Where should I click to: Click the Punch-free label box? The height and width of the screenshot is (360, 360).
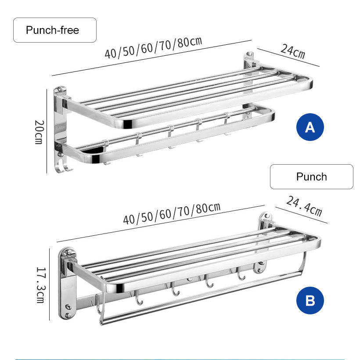pos(54,30)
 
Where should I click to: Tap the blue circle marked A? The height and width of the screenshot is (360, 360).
pos(310,127)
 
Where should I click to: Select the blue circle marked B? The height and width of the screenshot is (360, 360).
pos(310,300)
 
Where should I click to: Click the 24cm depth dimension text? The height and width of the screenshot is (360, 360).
pos(293,51)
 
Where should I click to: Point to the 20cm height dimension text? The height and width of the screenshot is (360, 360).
pos(39,132)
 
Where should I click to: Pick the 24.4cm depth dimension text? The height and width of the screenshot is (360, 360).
pos(304,206)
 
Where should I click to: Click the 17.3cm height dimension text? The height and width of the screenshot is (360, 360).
pos(41,285)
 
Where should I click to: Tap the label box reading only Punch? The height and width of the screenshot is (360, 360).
pos(312,177)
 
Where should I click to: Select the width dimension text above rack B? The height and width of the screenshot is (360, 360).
pos(172,213)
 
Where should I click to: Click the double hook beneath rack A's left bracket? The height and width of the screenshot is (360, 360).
pos(64,166)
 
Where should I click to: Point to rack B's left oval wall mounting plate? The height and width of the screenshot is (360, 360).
pos(68,284)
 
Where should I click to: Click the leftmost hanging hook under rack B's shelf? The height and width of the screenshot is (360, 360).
pos(139,298)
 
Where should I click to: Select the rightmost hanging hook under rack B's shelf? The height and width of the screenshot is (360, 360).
pos(241,274)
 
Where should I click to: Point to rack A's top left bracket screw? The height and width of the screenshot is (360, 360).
pos(61,89)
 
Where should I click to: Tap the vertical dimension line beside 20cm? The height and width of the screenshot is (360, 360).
pos(47,131)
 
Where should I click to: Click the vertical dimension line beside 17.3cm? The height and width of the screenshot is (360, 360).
pos(49,284)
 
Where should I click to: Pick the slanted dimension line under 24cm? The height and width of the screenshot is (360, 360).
pos(288,58)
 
